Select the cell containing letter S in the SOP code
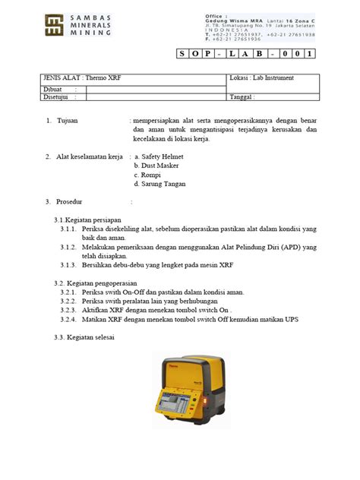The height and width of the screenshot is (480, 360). pyautogui.click(x=187, y=54)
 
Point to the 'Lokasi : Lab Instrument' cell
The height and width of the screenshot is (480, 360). pyautogui.click(x=261, y=79)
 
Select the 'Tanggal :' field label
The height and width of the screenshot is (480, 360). pyautogui.click(x=242, y=97)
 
